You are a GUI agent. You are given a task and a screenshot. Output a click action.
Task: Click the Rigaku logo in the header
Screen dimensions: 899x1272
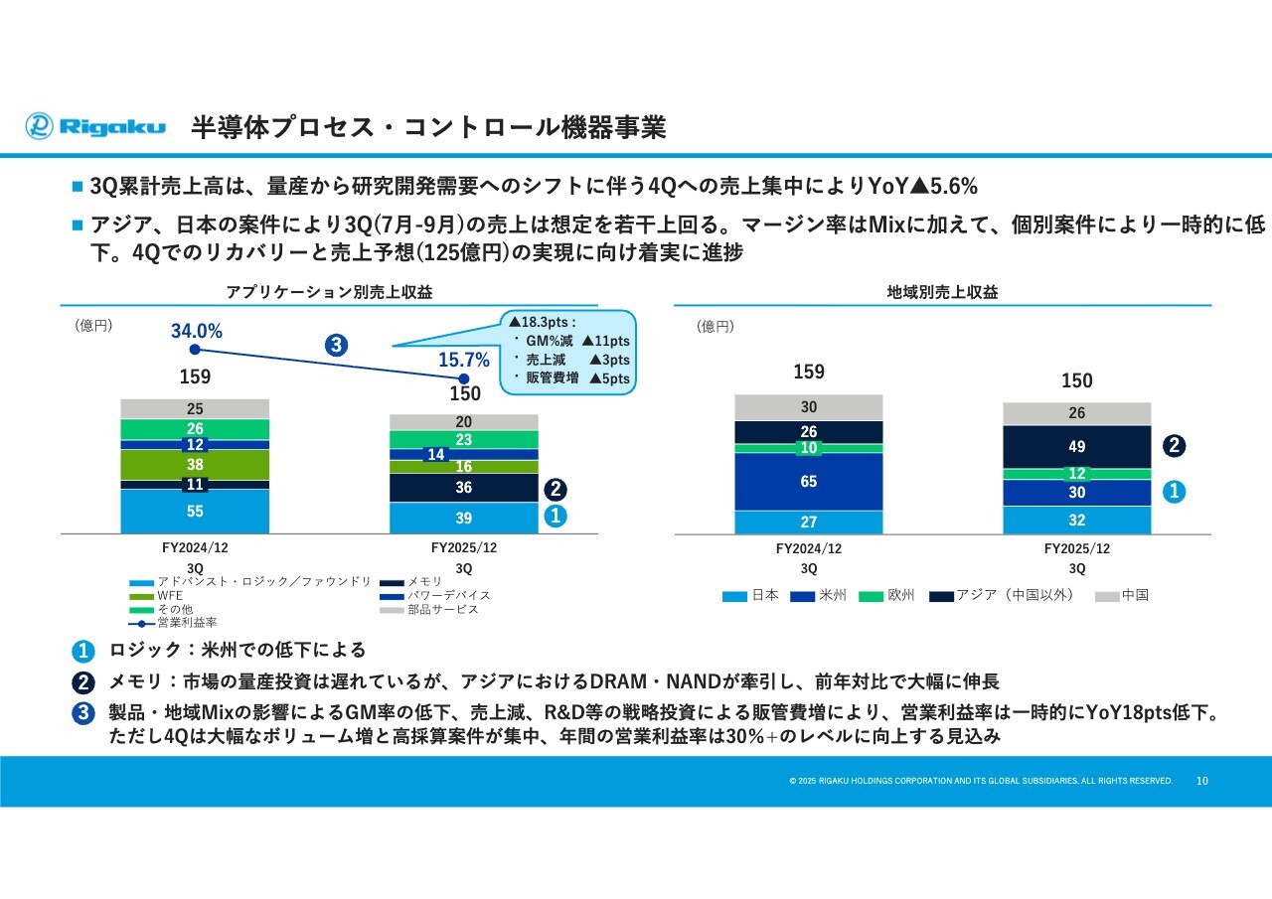coord(95,126)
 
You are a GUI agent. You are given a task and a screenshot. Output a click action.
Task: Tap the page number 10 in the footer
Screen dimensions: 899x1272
coord(1202,781)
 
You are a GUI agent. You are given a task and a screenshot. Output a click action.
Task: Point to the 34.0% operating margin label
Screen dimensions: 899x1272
coord(197,332)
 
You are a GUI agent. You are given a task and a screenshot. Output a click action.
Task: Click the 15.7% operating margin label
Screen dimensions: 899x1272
coord(464,361)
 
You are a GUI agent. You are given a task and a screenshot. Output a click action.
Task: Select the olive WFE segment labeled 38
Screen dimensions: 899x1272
coord(195,464)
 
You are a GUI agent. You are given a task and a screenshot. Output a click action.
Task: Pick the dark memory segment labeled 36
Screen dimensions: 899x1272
coord(464,488)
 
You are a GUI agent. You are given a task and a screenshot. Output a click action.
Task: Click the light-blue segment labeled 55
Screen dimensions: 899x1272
coord(195,512)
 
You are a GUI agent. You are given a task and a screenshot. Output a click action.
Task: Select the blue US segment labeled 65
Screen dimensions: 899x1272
coord(809,482)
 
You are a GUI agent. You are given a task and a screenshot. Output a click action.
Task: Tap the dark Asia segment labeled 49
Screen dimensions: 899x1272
coord(1077,447)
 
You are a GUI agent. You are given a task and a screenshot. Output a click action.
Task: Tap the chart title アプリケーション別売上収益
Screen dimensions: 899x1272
coord(329,292)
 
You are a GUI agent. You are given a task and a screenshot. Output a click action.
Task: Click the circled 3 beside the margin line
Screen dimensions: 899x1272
coord(336,346)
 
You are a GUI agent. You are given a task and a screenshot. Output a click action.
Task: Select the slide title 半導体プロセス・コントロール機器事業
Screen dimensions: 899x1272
coord(428,128)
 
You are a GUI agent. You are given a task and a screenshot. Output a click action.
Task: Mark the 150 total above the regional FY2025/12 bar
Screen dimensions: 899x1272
coord(1077,380)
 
